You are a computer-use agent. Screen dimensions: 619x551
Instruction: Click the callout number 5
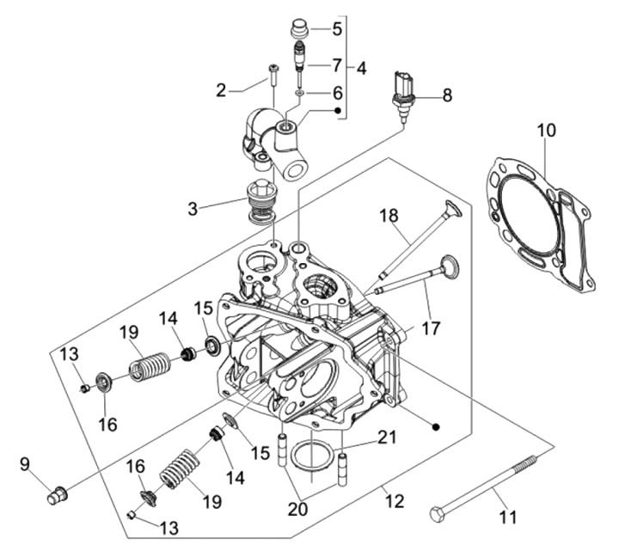pos(337,28)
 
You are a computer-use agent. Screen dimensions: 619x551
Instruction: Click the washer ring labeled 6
pos(300,93)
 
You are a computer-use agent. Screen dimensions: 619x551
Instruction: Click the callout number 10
pos(546,131)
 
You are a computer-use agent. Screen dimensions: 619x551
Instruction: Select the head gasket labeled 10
pos(540,224)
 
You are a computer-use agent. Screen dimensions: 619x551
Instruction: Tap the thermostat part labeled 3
pos(260,202)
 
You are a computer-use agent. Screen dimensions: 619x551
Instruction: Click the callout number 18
pos(389,216)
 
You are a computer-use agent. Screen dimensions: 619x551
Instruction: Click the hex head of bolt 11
pos(437,514)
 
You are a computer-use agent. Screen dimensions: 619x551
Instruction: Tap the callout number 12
pos(395,501)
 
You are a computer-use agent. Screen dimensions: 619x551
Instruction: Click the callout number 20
pos(297,509)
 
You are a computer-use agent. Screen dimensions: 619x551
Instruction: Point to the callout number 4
pos(361,68)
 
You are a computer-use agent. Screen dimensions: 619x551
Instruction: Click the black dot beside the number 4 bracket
pos(338,111)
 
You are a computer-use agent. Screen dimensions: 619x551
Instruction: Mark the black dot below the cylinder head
pos(435,426)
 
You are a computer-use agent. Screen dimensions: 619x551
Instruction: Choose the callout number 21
pos(387,438)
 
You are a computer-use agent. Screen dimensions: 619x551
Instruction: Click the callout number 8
pos(447,95)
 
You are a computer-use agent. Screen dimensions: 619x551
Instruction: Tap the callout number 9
pos(24,464)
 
